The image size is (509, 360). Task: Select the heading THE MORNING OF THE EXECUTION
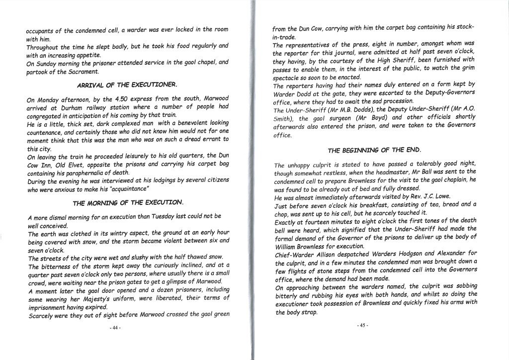pyautogui.click(x=128, y=203)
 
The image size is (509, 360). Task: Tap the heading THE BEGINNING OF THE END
pyautogui.click(x=374, y=150)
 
